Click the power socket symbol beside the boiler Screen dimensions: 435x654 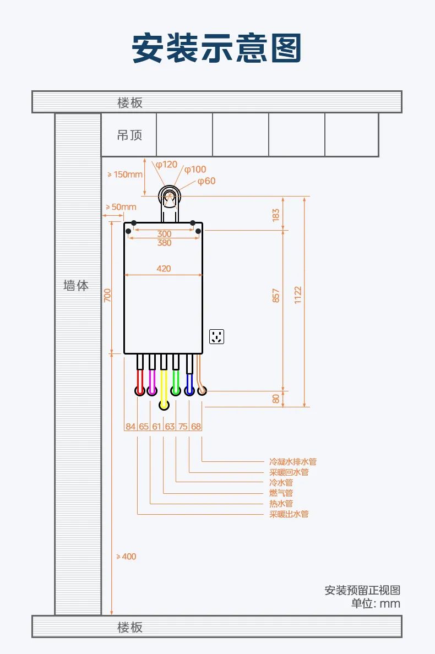(216, 336)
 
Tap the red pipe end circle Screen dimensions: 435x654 (140, 391)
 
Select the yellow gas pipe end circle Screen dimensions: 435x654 (164, 405)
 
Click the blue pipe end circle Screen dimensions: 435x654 (189, 391)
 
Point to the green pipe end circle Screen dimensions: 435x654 (176, 391)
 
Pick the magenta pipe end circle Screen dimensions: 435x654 (152, 391)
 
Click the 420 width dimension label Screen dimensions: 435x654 (164, 269)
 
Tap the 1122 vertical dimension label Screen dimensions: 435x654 (298, 295)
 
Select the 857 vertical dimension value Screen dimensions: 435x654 (276, 295)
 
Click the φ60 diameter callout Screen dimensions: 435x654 (206, 181)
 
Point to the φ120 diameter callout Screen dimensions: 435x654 (166, 165)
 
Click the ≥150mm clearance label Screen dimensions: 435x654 (124, 175)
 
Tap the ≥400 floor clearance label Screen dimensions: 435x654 (126, 557)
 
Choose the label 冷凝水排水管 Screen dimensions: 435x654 (293, 462)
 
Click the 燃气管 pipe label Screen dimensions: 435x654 (281, 493)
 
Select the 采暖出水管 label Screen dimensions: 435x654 (289, 514)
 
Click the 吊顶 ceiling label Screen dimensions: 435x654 (130, 135)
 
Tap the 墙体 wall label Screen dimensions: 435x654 (76, 285)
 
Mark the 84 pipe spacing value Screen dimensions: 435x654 (130, 426)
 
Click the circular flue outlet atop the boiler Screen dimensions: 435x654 (170, 197)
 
